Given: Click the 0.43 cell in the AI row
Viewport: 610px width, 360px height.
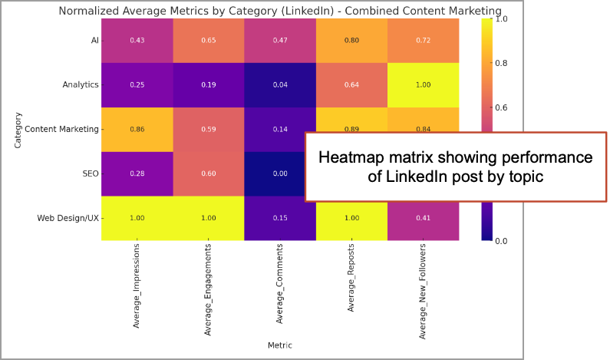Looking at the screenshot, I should coord(137,40).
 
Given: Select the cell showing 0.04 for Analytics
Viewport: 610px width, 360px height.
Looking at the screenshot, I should coord(280,84).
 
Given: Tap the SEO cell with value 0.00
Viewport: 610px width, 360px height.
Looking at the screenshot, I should coord(280,173).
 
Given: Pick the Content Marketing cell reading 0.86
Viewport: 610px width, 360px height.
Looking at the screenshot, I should coord(137,129).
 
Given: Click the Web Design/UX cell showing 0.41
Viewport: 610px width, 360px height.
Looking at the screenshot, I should coord(423,218).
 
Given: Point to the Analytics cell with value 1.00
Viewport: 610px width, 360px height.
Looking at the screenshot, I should coord(423,84).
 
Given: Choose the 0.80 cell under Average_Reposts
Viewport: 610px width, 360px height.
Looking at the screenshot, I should coord(351,40).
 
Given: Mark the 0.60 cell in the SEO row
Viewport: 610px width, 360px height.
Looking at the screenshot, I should coord(208,173).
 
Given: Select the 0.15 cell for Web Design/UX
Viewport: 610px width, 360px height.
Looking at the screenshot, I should coord(280,218).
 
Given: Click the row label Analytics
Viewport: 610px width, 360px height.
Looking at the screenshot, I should coord(80,84).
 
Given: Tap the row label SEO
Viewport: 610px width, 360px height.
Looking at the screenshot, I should coord(90,173).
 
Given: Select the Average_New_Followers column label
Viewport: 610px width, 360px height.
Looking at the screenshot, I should coord(423,293).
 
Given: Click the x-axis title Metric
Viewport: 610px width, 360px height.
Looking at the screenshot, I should coord(279,345).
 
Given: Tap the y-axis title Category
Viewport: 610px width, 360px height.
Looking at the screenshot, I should coord(18,129).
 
